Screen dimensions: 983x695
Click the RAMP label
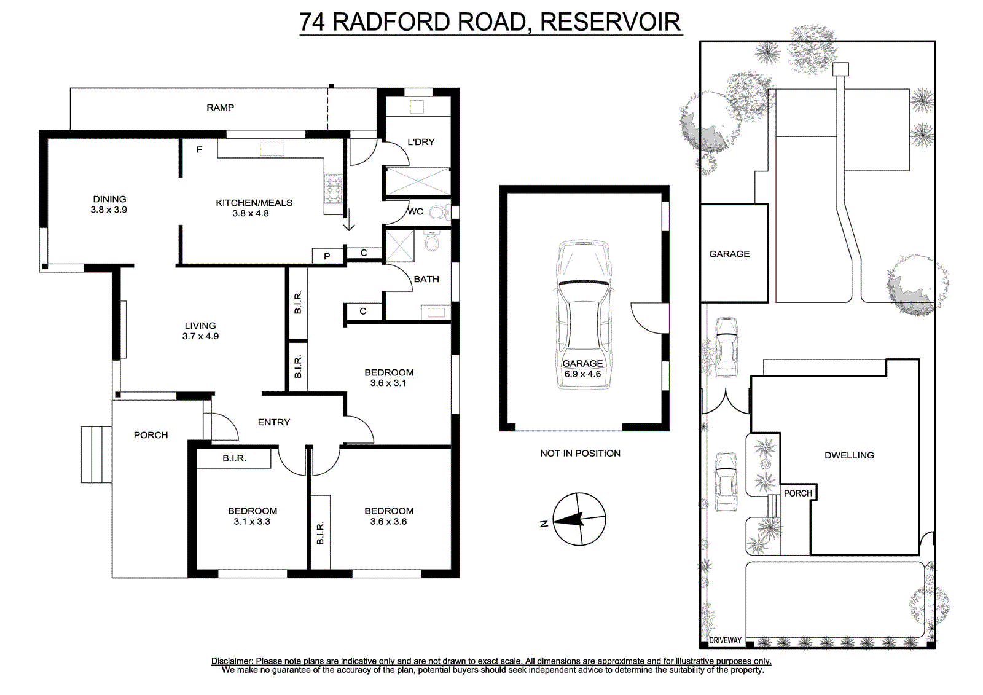tap(221, 108)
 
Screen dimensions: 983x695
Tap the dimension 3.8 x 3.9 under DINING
tap(109, 210)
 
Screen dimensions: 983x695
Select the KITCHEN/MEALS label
tap(254, 203)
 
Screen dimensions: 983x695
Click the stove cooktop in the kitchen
tap(334, 189)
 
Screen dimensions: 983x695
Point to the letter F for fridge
tap(199, 150)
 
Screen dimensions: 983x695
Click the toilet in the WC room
tap(439, 213)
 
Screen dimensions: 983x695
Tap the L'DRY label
tap(421, 142)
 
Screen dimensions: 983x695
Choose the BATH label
tap(426, 279)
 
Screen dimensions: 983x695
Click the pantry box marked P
tap(327, 256)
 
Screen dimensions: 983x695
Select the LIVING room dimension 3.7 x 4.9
tap(200, 336)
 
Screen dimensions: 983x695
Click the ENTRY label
tap(274, 422)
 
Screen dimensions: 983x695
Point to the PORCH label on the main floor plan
tap(151, 435)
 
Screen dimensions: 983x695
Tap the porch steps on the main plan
tap(96, 454)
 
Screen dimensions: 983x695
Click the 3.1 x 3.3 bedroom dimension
tap(252, 522)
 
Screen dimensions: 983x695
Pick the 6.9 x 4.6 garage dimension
tap(582, 374)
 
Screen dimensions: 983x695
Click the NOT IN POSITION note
tap(580, 453)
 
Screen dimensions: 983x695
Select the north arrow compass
tap(579, 519)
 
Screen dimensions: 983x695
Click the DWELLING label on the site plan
tap(849, 455)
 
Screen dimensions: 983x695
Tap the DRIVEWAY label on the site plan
tap(725, 640)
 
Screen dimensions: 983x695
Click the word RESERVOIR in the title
tap(610, 22)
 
